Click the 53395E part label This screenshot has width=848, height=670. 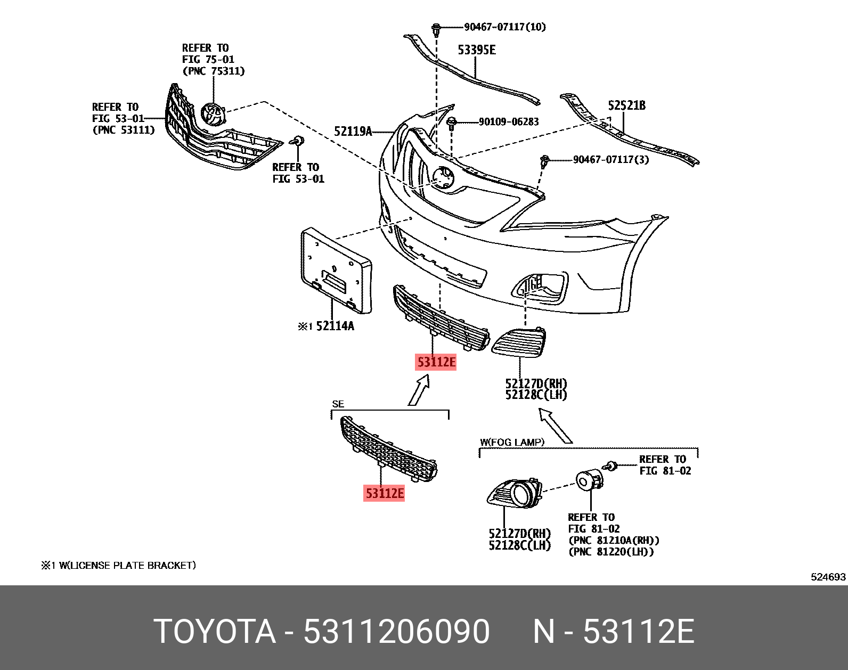(477, 50)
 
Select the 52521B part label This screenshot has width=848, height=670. (626, 105)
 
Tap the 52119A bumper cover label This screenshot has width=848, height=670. (353, 130)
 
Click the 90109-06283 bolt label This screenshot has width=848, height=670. (508, 122)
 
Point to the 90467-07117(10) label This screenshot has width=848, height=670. (504, 27)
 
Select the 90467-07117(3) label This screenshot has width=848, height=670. (610, 159)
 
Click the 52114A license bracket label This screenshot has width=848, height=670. (335, 326)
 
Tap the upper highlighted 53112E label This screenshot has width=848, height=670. (436, 363)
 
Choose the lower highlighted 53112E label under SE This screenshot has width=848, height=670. (384, 494)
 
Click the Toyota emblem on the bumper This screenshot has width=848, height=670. (443, 177)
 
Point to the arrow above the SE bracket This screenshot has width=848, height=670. (419, 390)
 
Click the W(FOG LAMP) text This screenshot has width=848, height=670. (512, 442)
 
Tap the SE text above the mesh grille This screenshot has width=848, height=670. (338, 404)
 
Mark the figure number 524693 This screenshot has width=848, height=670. (828, 577)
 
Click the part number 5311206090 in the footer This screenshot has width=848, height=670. (396, 632)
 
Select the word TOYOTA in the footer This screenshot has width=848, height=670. (215, 632)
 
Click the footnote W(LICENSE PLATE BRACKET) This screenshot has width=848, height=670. (127, 565)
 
